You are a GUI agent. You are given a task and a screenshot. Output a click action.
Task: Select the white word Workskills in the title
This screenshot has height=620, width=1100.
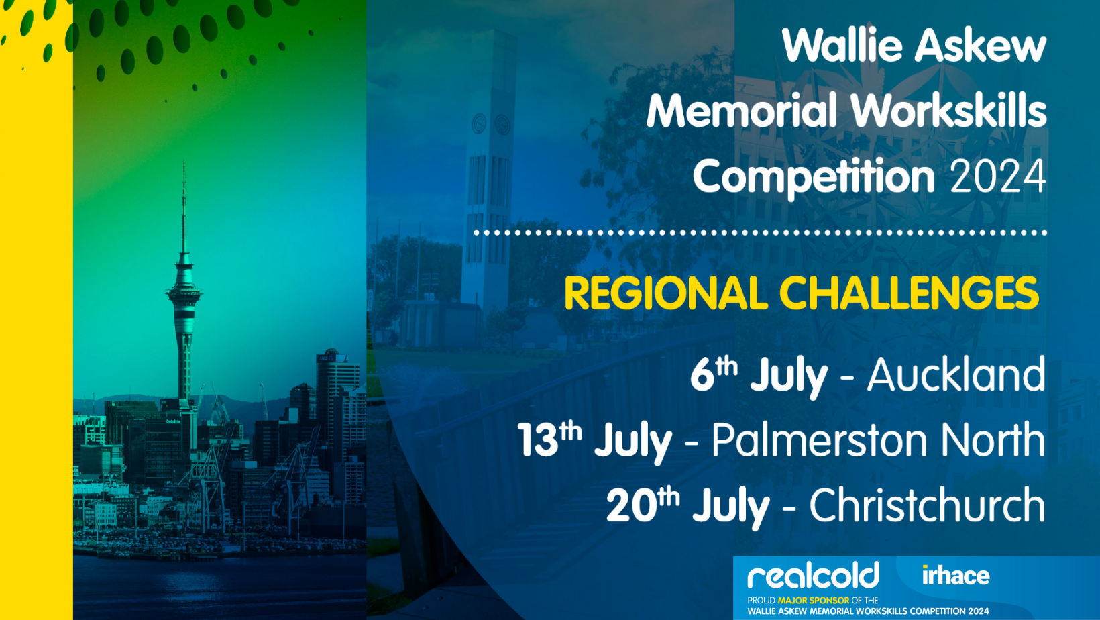pyautogui.click(x=948, y=110)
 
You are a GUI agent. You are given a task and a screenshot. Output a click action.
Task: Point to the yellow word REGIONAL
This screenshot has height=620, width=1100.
pyautogui.click(x=666, y=293)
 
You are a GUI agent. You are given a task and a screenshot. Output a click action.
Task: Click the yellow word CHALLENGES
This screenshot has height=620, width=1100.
pyautogui.click(x=909, y=293)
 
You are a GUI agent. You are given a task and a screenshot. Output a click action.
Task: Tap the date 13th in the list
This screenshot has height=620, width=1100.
pyautogui.click(x=549, y=440)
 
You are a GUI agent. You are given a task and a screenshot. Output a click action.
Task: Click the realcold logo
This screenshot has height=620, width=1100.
pyautogui.click(x=813, y=575)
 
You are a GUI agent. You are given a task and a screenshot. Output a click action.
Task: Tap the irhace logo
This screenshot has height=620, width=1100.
pyautogui.click(x=956, y=576)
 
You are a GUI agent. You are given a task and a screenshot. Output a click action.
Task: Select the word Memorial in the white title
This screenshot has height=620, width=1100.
pyautogui.click(x=742, y=110)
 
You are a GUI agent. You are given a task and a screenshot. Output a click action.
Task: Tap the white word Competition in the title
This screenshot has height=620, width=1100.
pyautogui.click(x=814, y=177)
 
